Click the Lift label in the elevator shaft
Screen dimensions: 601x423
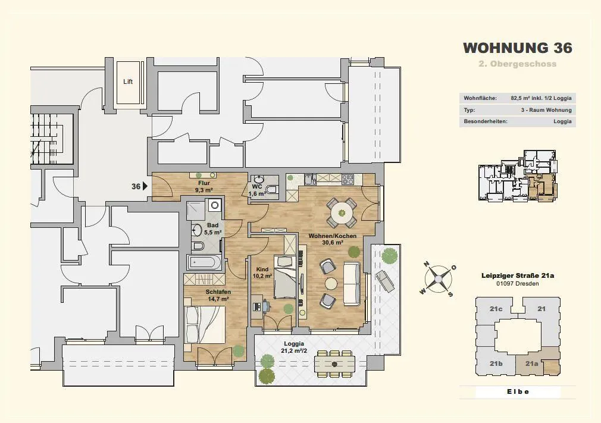128,82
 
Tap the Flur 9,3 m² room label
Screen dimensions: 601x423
204,186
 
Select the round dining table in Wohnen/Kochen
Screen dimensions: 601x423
342,212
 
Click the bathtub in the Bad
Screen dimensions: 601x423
204,263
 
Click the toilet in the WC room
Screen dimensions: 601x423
273,189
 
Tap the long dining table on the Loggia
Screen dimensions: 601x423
334,364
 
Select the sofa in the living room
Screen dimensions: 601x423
352,283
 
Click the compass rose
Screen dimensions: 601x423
437,278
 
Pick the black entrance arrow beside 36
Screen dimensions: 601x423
145,186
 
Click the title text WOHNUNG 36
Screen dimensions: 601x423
518,48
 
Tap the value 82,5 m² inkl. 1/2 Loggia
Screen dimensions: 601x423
541,98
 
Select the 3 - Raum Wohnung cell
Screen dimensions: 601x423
546,110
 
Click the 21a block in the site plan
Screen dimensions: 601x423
531,364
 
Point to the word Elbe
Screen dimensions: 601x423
518,391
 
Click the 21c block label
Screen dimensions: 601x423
496,309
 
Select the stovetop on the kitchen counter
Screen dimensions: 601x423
348,178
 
